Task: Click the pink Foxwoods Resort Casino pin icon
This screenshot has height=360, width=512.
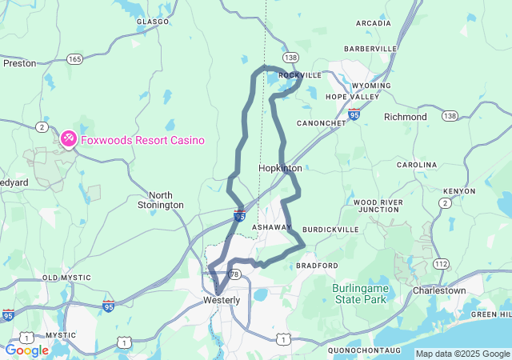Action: [x=69, y=139]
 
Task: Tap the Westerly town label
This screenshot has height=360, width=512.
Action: [x=220, y=300]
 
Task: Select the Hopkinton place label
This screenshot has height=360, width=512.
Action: [x=280, y=169]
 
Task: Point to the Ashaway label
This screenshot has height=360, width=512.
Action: [x=272, y=228]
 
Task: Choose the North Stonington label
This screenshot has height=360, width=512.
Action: [x=166, y=200]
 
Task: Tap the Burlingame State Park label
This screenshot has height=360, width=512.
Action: [x=359, y=294]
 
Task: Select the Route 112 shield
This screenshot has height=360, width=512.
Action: [x=441, y=263]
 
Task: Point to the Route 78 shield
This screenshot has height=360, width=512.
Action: [x=234, y=274]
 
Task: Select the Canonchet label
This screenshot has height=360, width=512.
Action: [x=321, y=123]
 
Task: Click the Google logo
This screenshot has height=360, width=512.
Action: [x=26, y=350]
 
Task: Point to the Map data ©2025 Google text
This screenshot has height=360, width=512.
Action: [x=462, y=354]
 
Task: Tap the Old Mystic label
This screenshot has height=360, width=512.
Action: [x=62, y=278]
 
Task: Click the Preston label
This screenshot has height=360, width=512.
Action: [x=19, y=63]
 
